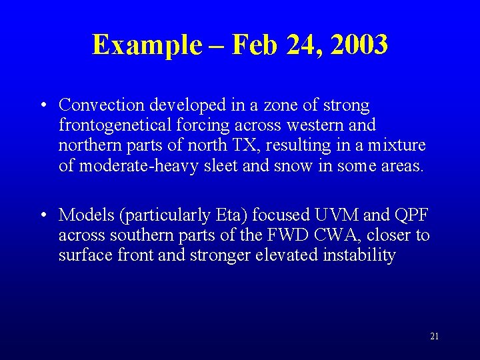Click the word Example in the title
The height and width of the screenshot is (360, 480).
(x=147, y=45)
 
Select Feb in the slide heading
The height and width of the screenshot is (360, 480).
(x=255, y=45)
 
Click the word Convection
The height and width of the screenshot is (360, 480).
(x=102, y=105)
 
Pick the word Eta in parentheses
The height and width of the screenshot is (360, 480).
(x=231, y=215)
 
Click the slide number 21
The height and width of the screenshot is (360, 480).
(x=434, y=337)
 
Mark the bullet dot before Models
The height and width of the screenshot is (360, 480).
(x=43, y=215)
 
